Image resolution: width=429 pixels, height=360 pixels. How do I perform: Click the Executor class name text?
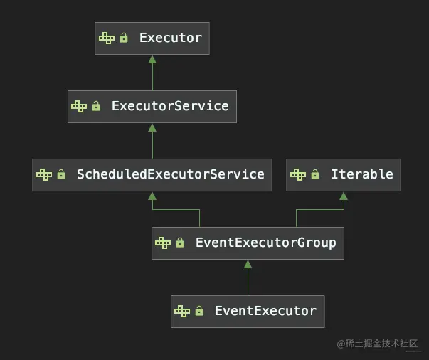pyautogui.click(x=171, y=38)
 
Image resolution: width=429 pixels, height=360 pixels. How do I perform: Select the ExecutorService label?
pyautogui.click(x=170, y=106)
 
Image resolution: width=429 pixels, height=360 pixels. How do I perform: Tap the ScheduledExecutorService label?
pyautogui.click(x=170, y=174)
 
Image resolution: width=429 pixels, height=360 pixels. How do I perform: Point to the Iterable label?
pyautogui.click(x=361, y=174)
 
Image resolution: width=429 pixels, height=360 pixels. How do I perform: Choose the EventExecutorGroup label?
pyautogui.click(x=265, y=243)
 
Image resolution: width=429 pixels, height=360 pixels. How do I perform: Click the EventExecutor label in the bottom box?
pyautogui.click(x=265, y=311)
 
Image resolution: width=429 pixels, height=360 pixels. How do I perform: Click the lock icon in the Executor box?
pyautogui.click(x=124, y=38)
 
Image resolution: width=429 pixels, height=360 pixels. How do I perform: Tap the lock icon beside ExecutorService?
pyautogui.click(x=96, y=107)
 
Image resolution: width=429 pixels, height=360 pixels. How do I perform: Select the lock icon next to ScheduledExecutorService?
pyautogui.click(x=61, y=175)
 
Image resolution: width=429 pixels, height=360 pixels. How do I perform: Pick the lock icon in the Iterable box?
pyautogui.click(x=315, y=175)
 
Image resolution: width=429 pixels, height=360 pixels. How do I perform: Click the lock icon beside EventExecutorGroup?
pyautogui.click(x=180, y=243)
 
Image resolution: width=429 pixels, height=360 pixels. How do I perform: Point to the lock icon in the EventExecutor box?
pyautogui.click(x=199, y=312)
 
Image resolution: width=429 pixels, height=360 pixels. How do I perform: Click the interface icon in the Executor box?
pyautogui.click(x=107, y=38)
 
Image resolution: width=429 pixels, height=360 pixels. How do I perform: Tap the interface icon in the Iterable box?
pyautogui.click(x=298, y=175)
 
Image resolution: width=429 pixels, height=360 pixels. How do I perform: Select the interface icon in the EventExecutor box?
pyautogui.click(x=182, y=312)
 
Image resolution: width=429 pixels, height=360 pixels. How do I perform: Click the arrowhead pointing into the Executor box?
pyautogui.click(x=152, y=59)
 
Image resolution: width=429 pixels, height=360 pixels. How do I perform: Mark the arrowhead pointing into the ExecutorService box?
pyautogui.click(x=152, y=127)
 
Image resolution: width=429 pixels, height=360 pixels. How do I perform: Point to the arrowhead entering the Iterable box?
pyautogui.click(x=344, y=196)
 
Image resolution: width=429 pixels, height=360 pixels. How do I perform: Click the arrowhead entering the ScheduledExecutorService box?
pyautogui.click(x=152, y=196)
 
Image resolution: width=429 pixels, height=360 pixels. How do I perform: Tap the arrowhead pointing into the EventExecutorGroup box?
pyautogui.click(x=248, y=264)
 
